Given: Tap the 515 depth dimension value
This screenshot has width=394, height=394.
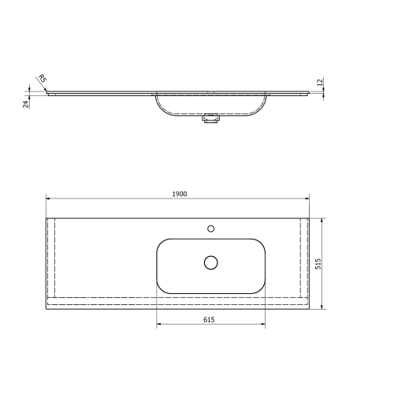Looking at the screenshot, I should (x=318, y=264).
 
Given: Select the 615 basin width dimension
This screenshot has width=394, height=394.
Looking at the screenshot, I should (x=209, y=320).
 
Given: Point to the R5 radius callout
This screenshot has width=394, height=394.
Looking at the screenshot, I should (x=42, y=80).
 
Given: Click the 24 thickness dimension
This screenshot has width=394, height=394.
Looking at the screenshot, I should (x=26, y=103).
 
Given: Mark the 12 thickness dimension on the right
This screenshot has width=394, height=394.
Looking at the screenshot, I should (x=320, y=83).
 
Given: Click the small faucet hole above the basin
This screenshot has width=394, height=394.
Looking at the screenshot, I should (x=210, y=229).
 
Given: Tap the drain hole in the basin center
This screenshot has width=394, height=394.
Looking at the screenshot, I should (x=210, y=262).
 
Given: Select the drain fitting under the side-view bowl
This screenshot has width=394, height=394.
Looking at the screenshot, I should (x=210, y=120).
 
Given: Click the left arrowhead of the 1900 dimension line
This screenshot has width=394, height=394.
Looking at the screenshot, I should (x=48, y=199).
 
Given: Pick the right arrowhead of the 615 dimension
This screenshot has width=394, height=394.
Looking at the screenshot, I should (x=265, y=325).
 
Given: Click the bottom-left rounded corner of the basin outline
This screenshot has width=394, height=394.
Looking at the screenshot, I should (x=162, y=288).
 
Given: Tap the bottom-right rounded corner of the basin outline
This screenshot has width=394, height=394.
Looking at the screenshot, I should (x=262, y=288).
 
